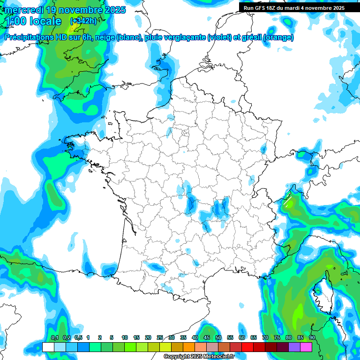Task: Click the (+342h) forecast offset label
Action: pos(83,21)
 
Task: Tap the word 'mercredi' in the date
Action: pos(23,9)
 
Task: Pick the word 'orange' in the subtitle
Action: pos(280,37)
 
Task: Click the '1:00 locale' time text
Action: pos(32,22)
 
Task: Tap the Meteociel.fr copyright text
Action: pos(199,357)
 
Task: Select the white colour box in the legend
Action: pos(48,347)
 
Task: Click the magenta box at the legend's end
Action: pos(306,347)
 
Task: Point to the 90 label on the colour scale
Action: pos(312,337)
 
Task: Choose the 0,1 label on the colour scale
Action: pos(54,337)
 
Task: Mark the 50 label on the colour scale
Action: pos(218,337)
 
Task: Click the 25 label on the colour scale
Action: pos(159,337)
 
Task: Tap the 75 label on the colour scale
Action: pos(277,337)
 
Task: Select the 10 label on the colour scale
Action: pos(124,337)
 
